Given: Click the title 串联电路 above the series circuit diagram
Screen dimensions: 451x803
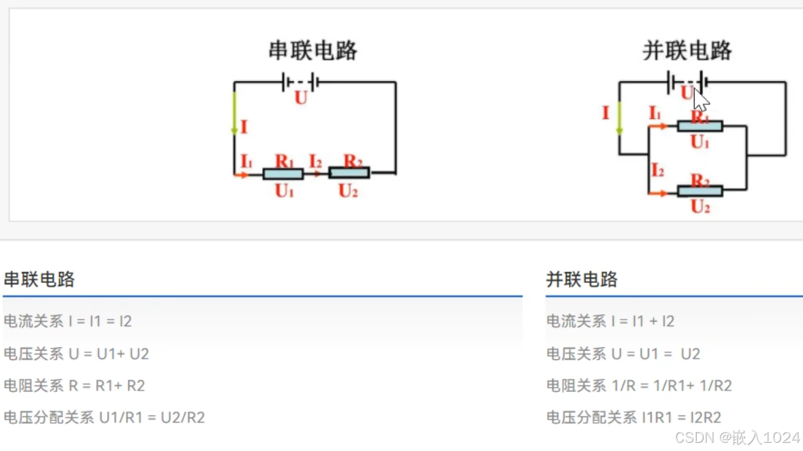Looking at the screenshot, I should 313,50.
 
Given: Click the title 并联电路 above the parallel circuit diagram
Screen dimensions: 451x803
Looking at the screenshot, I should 687,50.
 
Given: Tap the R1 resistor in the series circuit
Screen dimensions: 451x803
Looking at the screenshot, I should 283,173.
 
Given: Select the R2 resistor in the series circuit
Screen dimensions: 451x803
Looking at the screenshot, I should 349,173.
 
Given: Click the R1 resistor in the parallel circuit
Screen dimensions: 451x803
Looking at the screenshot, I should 700,126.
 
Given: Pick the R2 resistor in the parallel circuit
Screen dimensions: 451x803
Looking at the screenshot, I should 700,191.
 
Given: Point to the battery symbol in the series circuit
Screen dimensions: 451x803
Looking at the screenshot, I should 300,82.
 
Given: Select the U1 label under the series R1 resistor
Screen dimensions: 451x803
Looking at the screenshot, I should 284,191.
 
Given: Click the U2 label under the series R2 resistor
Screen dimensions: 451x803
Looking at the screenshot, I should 348,191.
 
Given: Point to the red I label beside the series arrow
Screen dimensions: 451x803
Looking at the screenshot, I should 244,127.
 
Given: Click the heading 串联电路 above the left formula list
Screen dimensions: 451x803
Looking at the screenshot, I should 39,279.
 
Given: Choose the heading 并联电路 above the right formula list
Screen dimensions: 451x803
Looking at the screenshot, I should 582,279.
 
